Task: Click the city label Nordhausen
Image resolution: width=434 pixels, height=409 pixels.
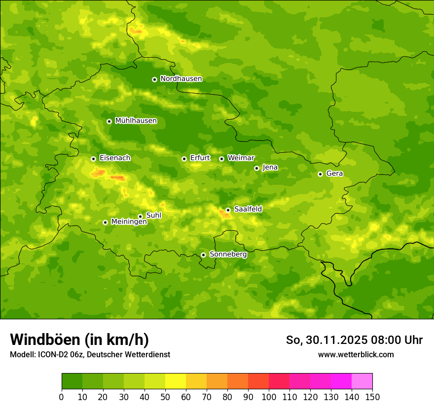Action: coord(181,79)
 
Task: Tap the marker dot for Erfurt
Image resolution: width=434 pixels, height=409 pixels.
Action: coord(184,159)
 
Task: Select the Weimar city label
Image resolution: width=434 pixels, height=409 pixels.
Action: coord(241,158)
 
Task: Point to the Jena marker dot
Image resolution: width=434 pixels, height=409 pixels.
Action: coord(256,168)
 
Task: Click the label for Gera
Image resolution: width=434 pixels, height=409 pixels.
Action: coord(334,173)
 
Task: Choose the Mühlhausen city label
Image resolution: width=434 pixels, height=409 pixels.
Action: coord(136,121)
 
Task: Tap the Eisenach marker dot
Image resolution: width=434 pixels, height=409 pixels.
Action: coord(93,159)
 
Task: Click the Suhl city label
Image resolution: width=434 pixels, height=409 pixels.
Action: coord(154,215)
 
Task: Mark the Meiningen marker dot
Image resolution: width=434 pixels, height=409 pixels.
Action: coord(105,222)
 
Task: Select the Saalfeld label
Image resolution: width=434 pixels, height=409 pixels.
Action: coord(248,209)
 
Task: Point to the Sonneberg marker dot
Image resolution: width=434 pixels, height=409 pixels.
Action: coord(203,255)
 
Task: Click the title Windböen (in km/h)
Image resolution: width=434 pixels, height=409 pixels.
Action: coord(79,340)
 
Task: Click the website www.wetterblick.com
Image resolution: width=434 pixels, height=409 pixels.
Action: coord(356,354)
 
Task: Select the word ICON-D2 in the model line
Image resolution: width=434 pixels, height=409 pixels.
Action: coord(52,354)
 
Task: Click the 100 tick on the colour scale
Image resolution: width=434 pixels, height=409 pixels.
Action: coord(269,397)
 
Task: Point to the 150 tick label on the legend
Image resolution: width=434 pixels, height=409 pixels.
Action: coord(372,397)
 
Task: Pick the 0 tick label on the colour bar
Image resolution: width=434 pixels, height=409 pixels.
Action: coord(62,397)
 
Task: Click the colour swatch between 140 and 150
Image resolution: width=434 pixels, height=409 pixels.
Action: coord(362,381)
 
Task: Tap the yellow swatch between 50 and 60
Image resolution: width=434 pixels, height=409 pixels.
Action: coord(176,381)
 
